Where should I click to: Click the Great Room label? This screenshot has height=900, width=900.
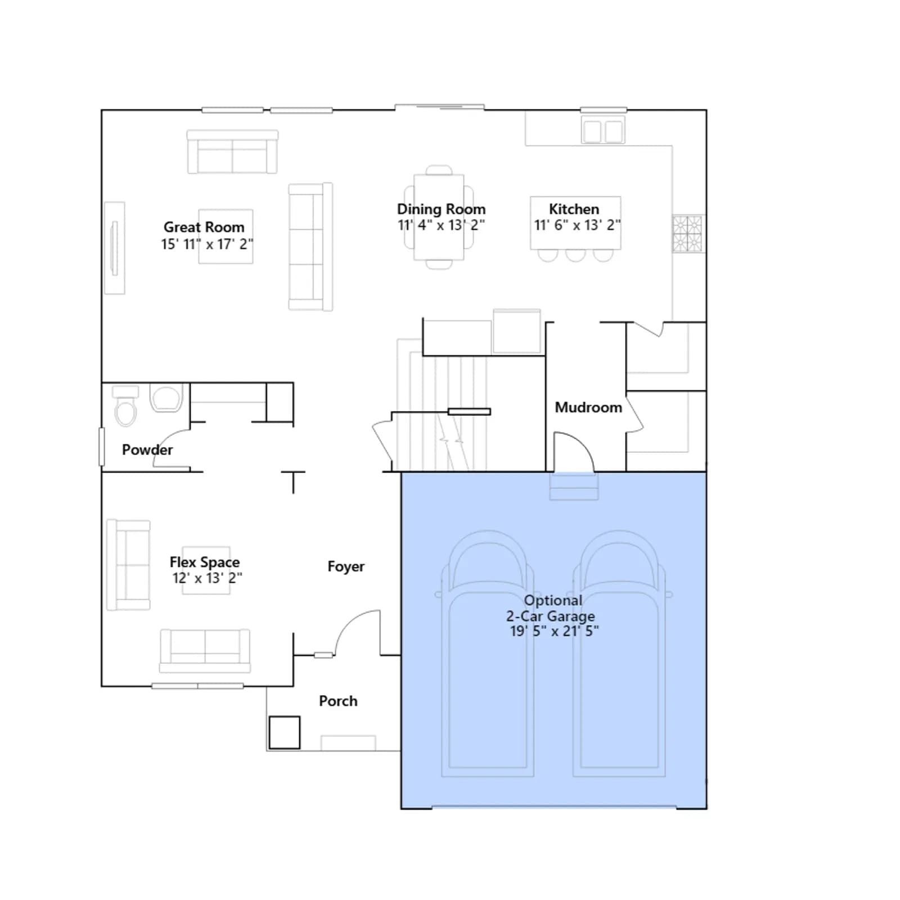click(204, 227)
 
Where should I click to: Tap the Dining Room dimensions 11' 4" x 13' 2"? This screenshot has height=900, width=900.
click(441, 225)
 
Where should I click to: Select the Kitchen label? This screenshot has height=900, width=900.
click(574, 209)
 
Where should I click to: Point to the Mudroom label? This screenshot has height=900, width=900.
click(588, 407)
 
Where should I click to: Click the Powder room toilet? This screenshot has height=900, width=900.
click(125, 405)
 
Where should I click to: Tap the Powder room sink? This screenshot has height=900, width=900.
click(166, 397)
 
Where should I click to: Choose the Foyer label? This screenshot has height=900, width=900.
click(346, 566)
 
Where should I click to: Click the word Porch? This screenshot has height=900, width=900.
click(338, 701)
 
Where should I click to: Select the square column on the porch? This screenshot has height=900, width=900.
click(285, 732)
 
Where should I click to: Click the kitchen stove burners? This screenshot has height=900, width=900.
click(687, 233)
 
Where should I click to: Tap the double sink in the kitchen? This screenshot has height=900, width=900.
click(603, 131)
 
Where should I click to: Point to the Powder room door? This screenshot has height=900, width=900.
click(172, 441)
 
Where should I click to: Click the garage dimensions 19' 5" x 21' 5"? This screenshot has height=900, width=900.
click(554, 631)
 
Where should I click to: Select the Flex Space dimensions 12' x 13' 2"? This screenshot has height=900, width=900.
click(207, 578)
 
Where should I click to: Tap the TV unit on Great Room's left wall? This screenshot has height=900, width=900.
click(115, 248)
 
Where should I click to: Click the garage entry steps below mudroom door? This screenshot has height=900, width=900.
click(574, 487)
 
